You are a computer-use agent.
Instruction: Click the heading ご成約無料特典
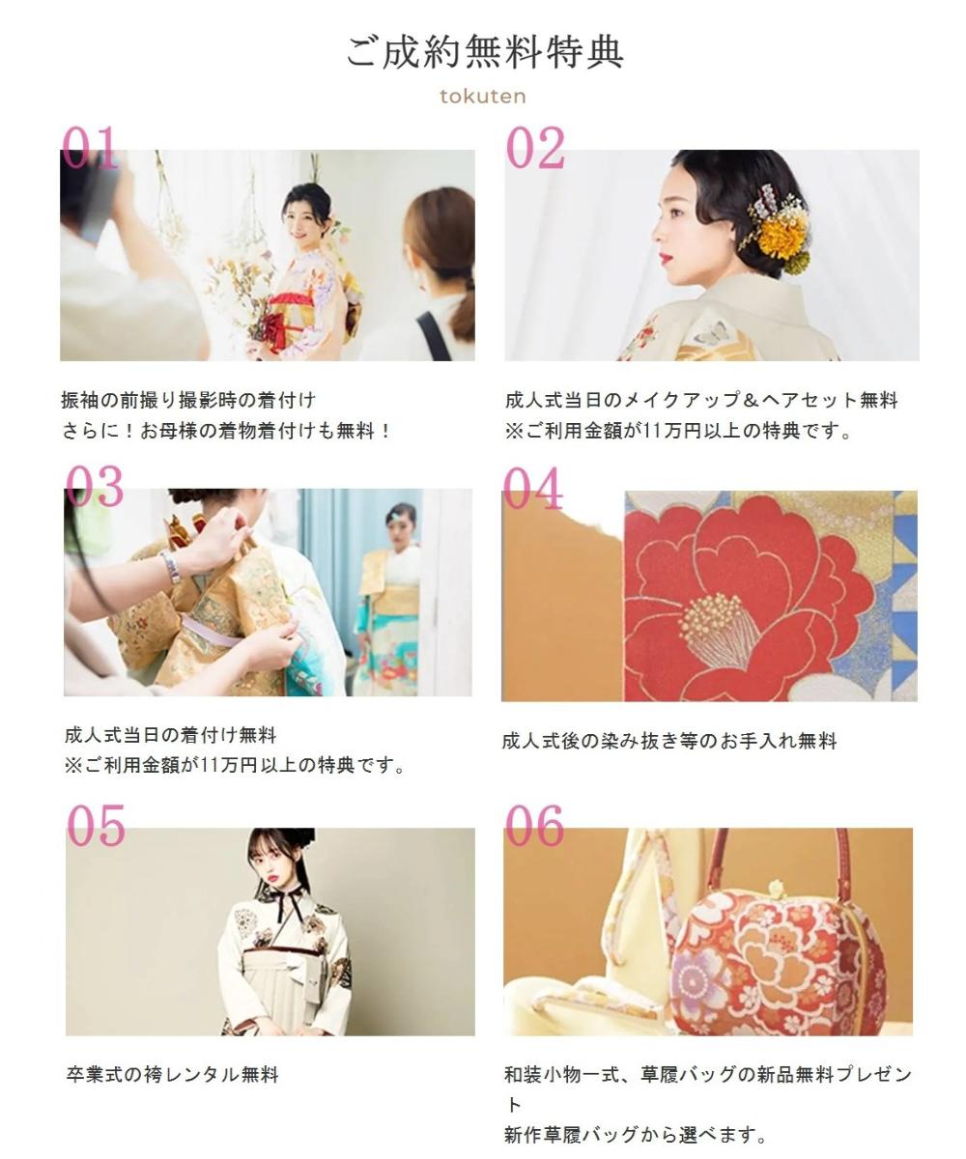tap(485, 52)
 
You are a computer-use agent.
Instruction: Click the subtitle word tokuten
tap(482, 97)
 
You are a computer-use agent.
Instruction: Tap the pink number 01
tap(91, 149)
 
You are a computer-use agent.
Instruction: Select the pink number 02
tap(535, 149)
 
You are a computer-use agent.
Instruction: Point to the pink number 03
tap(95, 487)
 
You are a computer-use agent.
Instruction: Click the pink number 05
tap(96, 827)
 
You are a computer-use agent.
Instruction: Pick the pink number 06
tap(534, 827)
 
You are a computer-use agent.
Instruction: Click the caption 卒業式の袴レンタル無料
tap(172, 1074)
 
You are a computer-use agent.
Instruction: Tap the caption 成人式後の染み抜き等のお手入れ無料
tap(668, 742)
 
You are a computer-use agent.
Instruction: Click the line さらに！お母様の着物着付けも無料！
tap(226, 431)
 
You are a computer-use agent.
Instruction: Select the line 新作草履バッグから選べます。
tap(635, 1135)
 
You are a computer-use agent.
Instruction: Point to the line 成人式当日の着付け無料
tap(170, 735)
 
